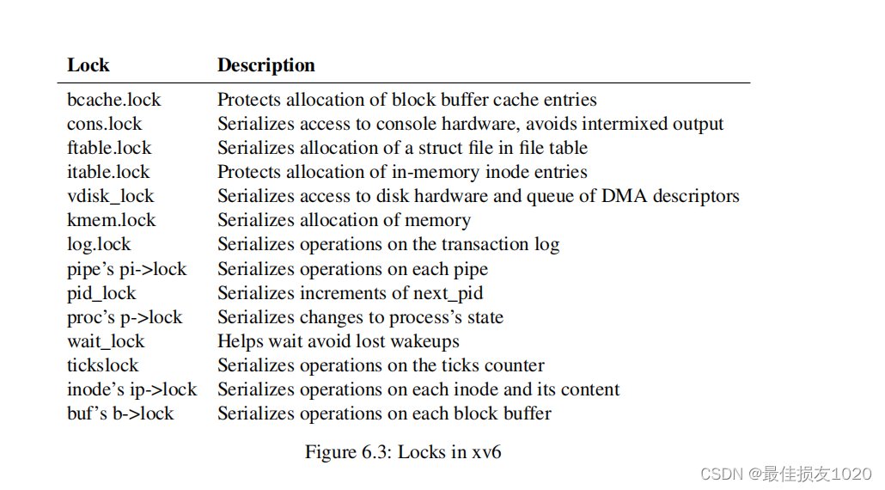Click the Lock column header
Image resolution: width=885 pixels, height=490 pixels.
click(88, 65)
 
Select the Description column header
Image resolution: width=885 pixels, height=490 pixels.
click(265, 65)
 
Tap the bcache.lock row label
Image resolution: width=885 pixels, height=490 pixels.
click(113, 100)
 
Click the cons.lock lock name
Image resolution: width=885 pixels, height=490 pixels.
click(104, 124)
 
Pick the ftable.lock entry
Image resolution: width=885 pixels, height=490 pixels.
click(109, 148)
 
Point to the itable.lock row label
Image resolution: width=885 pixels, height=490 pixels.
click(108, 172)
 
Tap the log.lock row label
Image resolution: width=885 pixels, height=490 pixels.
click(99, 244)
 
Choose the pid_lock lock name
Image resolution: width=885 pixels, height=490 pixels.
click(101, 293)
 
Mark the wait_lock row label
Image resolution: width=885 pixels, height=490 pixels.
click(106, 341)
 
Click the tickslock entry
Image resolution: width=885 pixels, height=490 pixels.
click(102, 365)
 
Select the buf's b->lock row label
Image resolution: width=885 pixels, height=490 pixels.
click(120, 413)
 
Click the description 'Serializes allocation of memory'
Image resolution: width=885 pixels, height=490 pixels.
click(344, 220)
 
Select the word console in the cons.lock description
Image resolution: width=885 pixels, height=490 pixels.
click(412, 124)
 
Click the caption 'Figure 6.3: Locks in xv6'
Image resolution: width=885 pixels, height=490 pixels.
click(403, 451)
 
